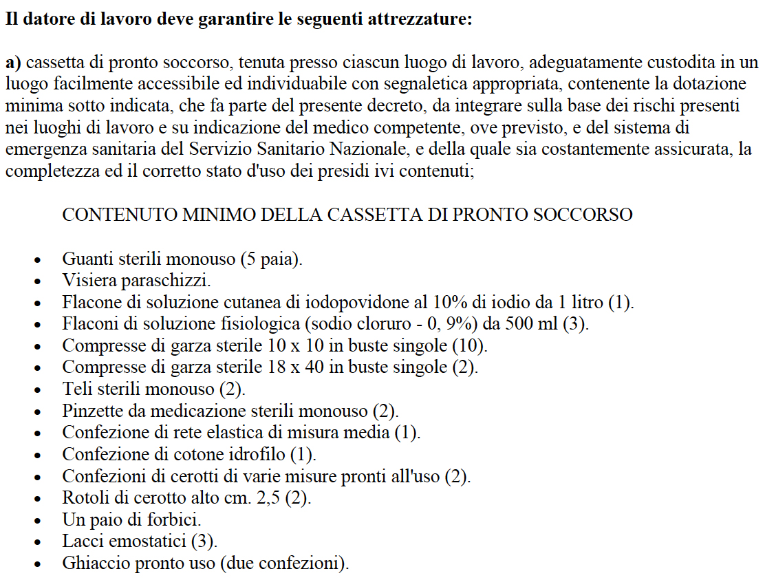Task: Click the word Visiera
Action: (87, 281)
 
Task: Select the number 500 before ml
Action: (524, 324)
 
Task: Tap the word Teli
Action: (76, 389)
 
